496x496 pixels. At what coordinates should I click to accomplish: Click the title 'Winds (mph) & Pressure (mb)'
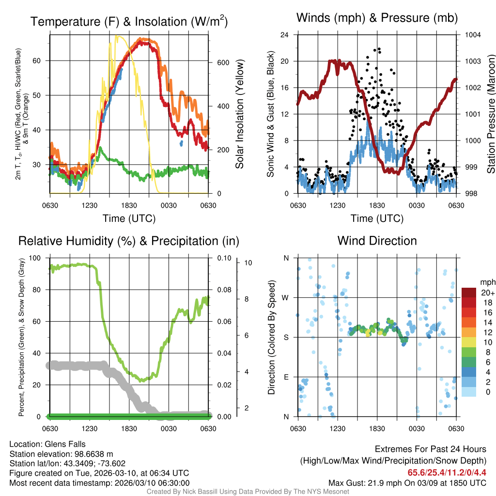tap(377, 18)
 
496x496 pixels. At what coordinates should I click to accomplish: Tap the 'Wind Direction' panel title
tap(377, 241)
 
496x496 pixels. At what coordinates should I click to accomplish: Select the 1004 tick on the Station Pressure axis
tap(473, 35)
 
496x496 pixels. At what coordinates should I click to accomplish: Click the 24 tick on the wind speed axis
tap(285, 35)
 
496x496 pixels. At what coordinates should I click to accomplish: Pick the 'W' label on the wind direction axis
tap(286, 297)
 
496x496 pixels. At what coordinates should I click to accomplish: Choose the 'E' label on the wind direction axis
tap(286, 377)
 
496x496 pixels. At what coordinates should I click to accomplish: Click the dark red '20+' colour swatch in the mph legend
tap(469, 293)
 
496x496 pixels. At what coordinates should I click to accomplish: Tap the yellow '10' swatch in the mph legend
tap(469, 342)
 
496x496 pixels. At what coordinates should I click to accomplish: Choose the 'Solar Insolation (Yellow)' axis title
tap(239, 114)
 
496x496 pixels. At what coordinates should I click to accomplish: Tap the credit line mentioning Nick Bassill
tap(248, 492)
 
